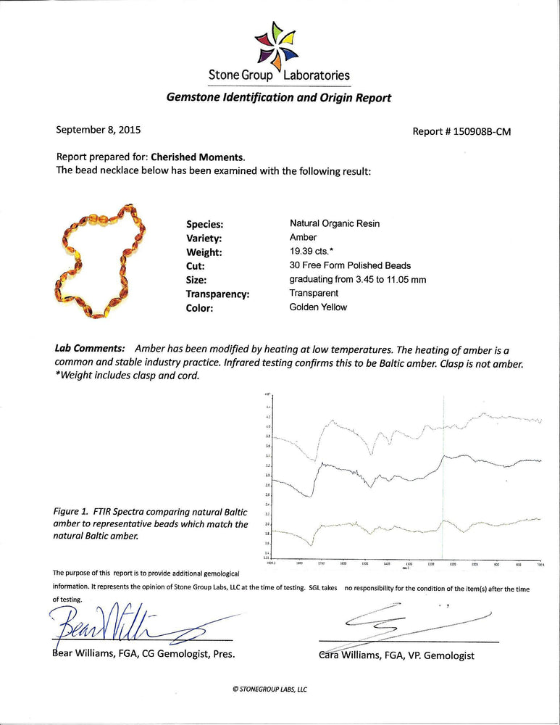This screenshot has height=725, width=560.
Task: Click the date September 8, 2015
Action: click(x=99, y=130)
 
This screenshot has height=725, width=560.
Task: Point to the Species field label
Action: click(x=204, y=225)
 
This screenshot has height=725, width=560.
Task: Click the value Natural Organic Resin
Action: click(x=334, y=224)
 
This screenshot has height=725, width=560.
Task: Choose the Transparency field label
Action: click(x=218, y=294)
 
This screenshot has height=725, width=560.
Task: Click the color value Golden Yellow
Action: click(x=318, y=307)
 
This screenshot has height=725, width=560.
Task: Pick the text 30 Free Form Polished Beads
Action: click(x=349, y=265)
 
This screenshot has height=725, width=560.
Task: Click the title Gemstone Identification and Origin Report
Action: click(x=279, y=98)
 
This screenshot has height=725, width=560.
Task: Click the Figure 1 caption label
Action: click(x=71, y=511)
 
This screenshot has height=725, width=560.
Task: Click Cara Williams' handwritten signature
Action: click(x=406, y=623)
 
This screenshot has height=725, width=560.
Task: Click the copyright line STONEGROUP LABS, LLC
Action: click(x=270, y=689)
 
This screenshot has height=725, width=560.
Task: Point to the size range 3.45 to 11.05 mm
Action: click(x=357, y=279)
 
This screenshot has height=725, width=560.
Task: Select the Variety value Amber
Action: click(x=303, y=238)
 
